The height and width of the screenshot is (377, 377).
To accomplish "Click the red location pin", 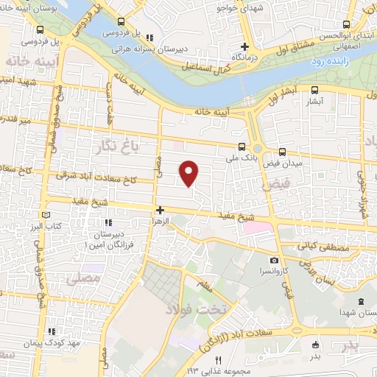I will (189, 173).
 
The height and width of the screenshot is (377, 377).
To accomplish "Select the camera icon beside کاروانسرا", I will (274, 260).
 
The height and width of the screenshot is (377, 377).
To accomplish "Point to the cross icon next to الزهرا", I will (159, 209).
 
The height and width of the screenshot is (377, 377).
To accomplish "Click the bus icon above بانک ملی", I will (244, 145).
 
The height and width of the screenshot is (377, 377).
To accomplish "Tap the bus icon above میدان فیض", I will (283, 150).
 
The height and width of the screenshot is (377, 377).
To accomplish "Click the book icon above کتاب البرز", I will (46, 213).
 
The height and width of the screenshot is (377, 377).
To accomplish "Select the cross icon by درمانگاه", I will (254, 46).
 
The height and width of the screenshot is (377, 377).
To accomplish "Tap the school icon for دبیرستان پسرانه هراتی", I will (150, 38).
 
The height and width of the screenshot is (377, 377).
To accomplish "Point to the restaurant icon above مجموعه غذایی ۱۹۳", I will (217, 359).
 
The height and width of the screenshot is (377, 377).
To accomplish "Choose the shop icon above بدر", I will (315, 345).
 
